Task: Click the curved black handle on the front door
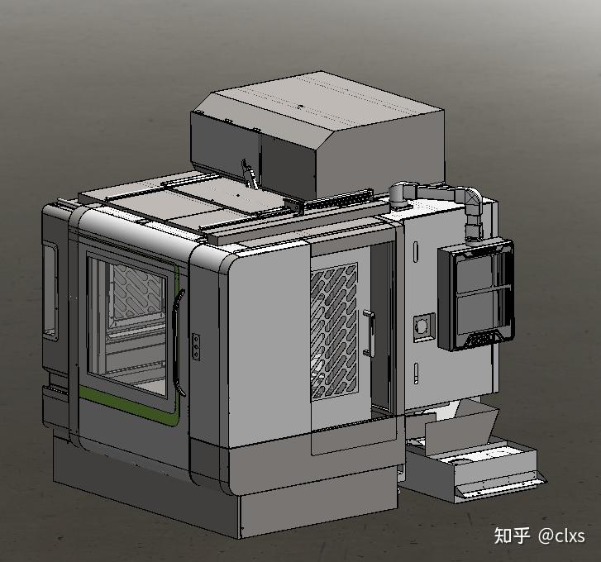coord(177,341)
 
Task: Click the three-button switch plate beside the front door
coord(196,346)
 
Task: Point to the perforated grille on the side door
coord(334,331)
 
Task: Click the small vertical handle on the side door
coord(369,333)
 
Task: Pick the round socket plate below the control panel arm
coord(424,327)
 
